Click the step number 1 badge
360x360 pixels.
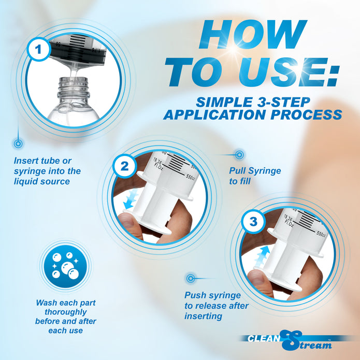(x=38, y=49)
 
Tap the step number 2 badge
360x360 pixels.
(x=125, y=166)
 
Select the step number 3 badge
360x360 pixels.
(x=253, y=222)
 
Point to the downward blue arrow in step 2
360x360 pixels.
(x=131, y=199)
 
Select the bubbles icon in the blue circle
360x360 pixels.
(x=66, y=266)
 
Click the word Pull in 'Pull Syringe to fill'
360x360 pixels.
(x=238, y=170)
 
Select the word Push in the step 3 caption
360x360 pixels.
(x=195, y=295)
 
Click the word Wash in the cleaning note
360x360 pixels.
(x=46, y=303)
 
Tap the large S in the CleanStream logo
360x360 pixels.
(x=291, y=340)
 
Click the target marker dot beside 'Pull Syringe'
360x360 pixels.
(x=239, y=155)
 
